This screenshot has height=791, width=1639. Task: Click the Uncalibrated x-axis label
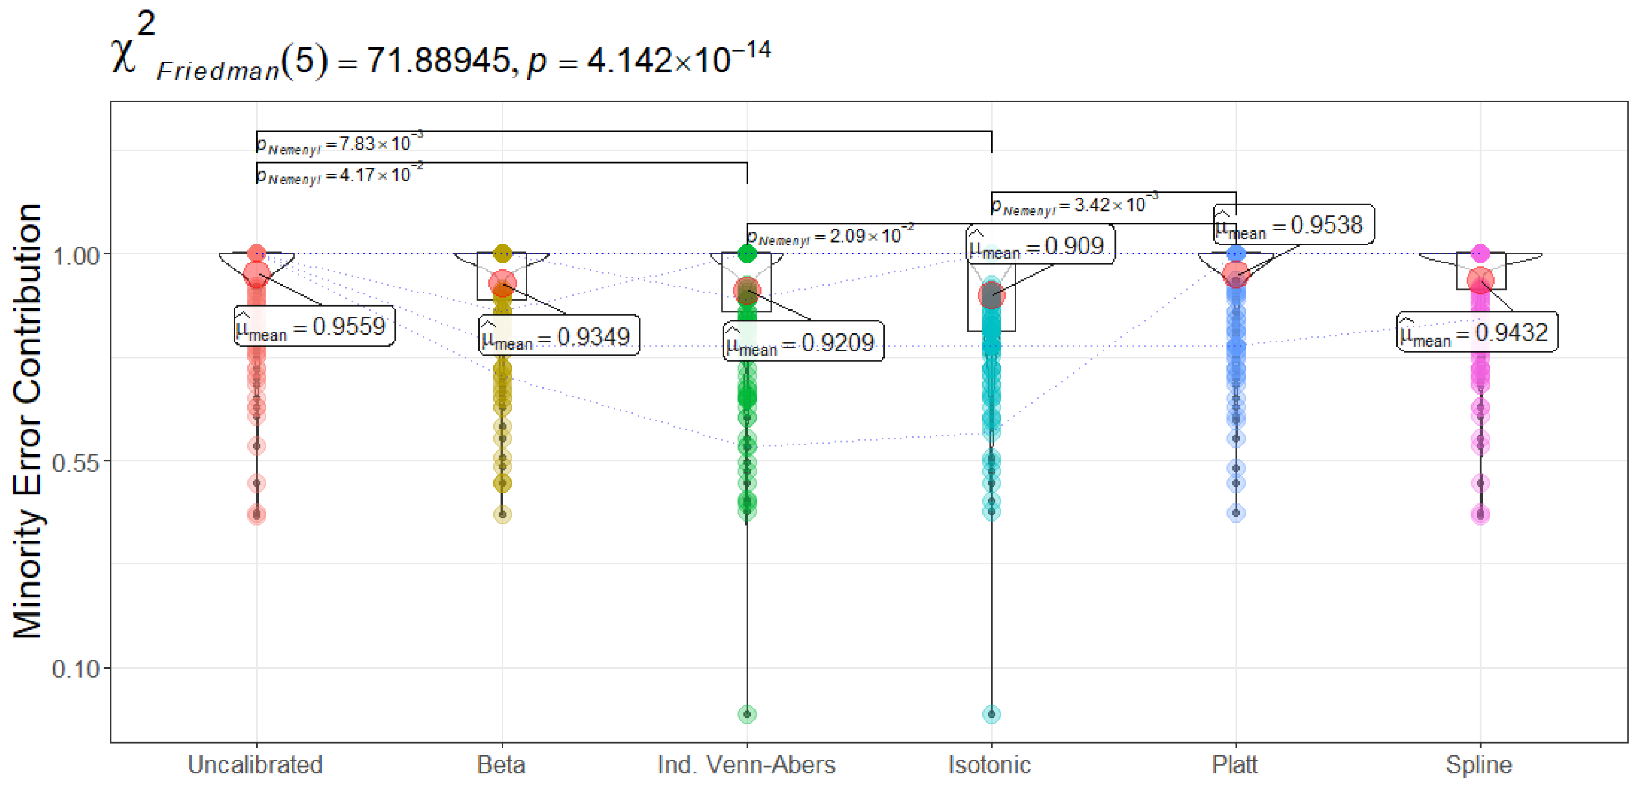[x=255, y=764]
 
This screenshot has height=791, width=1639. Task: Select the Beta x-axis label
[x=501, y=764]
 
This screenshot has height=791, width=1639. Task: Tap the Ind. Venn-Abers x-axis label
[x=746, y=764]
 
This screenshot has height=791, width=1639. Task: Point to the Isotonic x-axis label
[x=989, y=764]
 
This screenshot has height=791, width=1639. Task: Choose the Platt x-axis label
[x=1235, y=764]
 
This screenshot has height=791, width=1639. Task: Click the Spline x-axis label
[x=1479, y=764]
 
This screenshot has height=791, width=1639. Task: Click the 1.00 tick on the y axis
[x=76, y=256]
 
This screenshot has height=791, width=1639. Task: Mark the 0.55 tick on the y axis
[x=76, y=463]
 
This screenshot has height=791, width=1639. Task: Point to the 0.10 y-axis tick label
[x=76, y=670]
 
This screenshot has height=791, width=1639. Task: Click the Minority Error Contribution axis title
[x=27, y=420]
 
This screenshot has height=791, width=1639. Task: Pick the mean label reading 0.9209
[x=803, y=342]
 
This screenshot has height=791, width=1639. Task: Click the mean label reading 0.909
[x=1040, y=245]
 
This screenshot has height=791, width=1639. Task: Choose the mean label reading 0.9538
[x=1293, y=225]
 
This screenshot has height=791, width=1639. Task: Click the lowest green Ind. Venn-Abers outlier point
[x=747, y=714]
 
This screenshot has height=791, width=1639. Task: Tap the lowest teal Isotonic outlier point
[x=991, y=714]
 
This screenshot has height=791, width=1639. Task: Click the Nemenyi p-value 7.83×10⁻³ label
[x=339, y=144]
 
